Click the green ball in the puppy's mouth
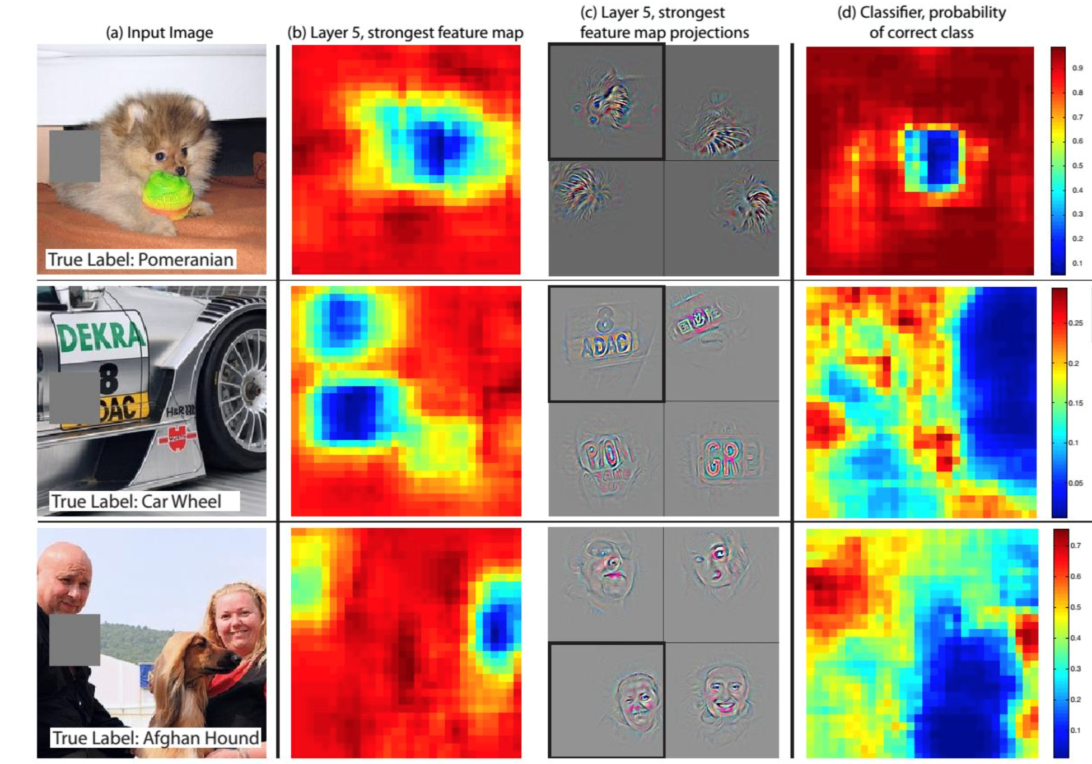168,194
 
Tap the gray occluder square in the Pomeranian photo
74,156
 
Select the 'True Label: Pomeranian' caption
140,259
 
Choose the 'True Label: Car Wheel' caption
137,501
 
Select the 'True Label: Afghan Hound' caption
156,738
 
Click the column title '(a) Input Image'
160,32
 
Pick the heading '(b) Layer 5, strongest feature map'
405,32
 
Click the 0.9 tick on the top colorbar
1077,68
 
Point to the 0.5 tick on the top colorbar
1077,166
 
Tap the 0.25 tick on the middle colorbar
1075,323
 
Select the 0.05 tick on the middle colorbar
1075,483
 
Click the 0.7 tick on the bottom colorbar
1075,546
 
